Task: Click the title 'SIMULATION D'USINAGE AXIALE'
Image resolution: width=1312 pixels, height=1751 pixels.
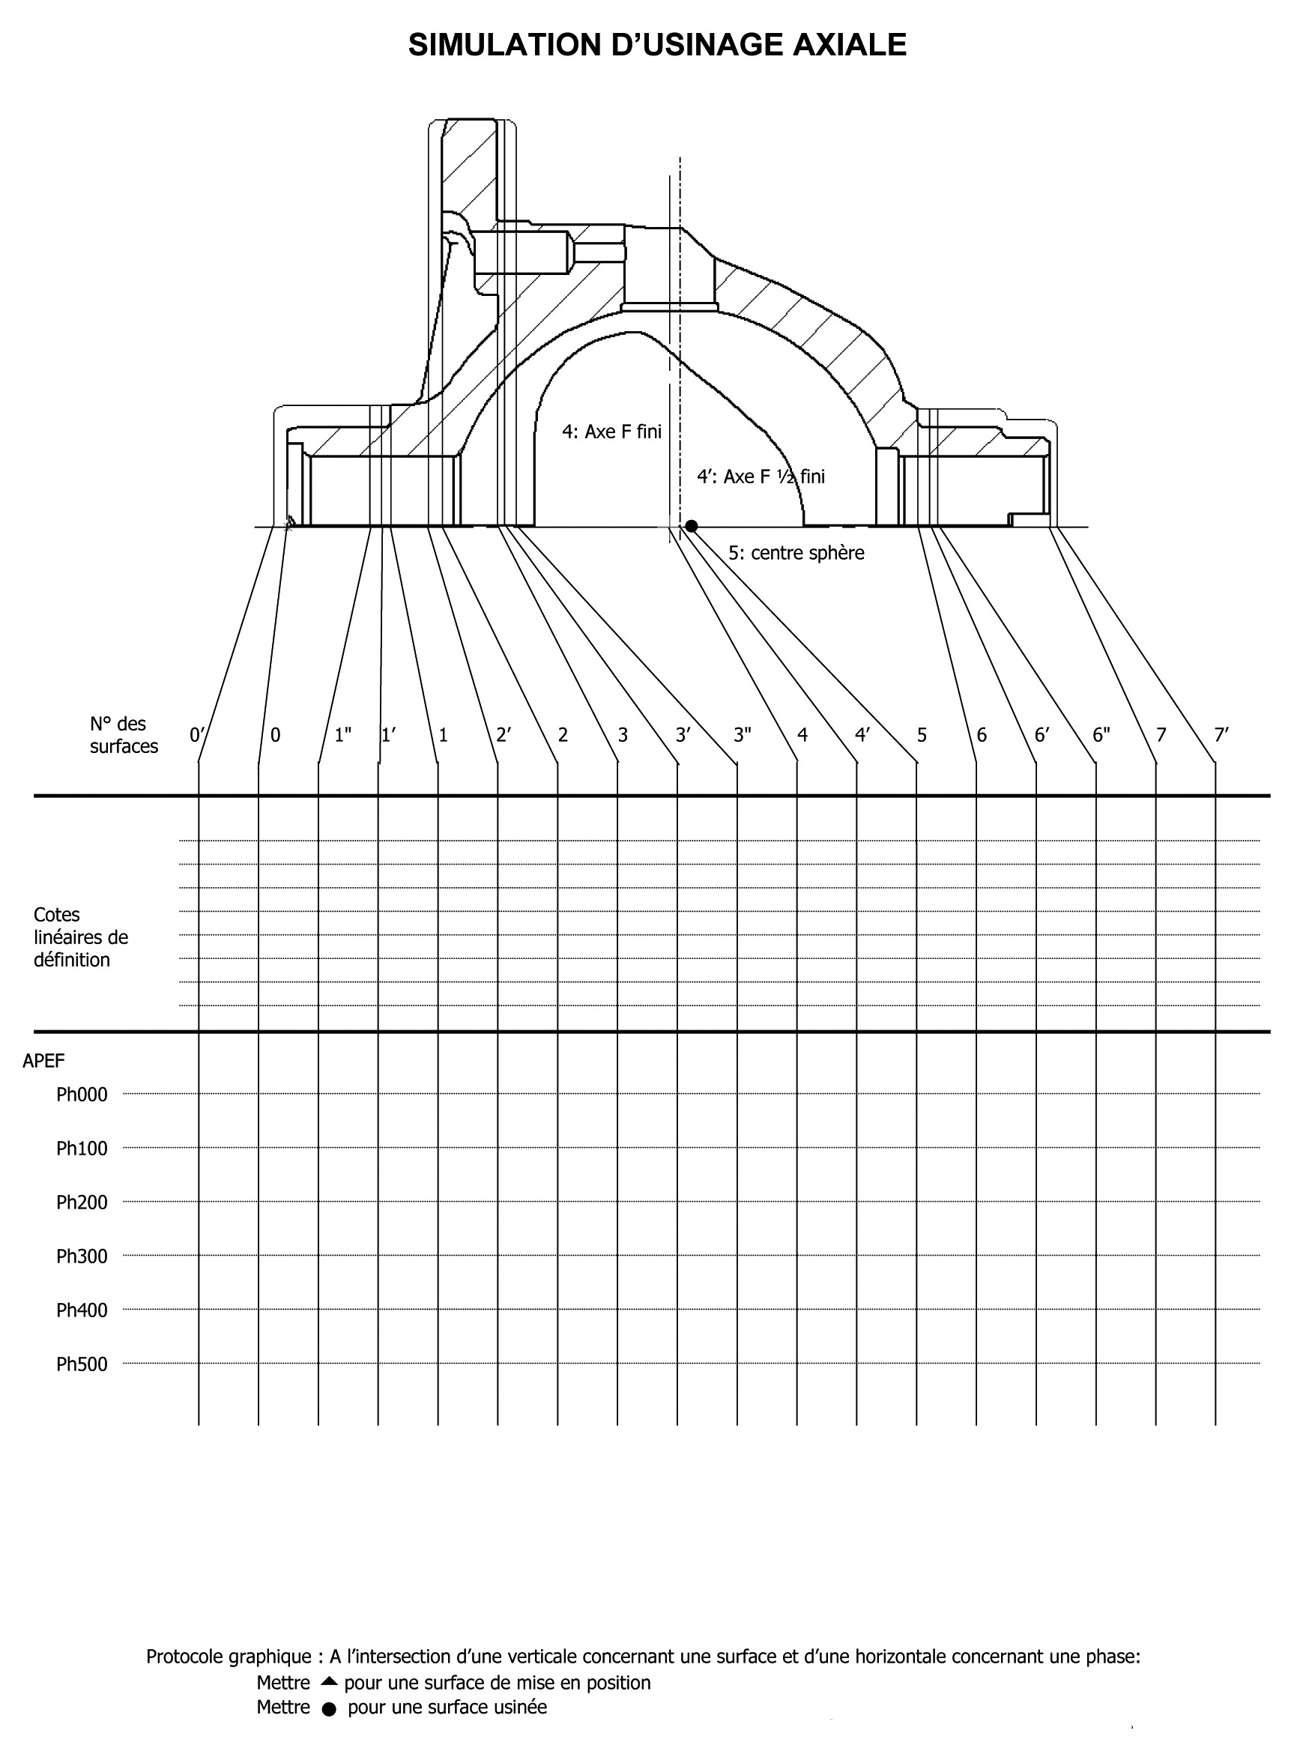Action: pyautogui.click(x=656, y=45)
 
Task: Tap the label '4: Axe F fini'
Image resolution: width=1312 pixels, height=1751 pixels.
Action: pyautogui.click(x=611, y=432)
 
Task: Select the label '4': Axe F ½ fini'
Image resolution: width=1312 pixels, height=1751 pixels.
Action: pyautogui.click(x=760, y=477)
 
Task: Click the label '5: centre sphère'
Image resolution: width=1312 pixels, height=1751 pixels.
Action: pyautogui.click(x=796, y=552)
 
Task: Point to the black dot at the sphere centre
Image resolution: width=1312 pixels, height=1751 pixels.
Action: pyautogui.click(x=692, y=527)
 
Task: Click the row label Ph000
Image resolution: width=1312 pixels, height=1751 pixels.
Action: pyautogui.click(x=82, y=1095)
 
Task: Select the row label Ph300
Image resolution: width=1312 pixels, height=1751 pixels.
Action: pyautogui.click(x=82, y=1256)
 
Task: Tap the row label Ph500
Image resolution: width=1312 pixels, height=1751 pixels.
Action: pyautogui.click(x=82, y=1364)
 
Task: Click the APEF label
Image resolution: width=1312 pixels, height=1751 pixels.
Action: pyautogui.click(x=43, y=1061)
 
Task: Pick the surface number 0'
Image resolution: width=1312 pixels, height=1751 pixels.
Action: pyautogui.click(x=197, y=734)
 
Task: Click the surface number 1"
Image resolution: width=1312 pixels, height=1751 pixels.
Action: pyautogui.click(x=343, y=734)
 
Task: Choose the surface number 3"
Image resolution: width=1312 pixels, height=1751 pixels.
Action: pyautogui.click(x=742, y=734)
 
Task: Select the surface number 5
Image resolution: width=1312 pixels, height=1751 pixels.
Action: pyautogui.click(x=922, y=734)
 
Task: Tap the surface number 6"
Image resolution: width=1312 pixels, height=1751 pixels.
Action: pyautogui.click(x=1101, y=734)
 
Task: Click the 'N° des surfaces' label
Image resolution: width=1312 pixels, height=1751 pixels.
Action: pyautogui.click(x=123, y=734)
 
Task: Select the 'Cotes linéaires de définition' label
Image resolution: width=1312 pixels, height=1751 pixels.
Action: pyautogui.click(x=80, y=937)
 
